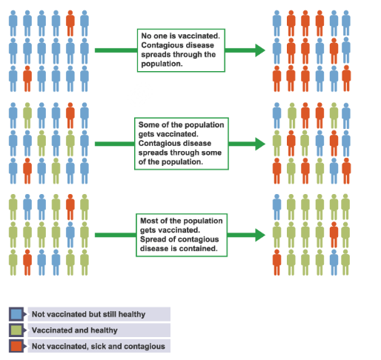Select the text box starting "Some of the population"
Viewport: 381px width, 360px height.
point(181,143)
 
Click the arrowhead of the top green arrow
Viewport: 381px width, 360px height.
point(260,50)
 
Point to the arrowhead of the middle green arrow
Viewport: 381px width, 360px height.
point(260,143)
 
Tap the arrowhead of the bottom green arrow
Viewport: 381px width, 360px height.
point(260,235)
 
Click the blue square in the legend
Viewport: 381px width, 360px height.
point(16,314)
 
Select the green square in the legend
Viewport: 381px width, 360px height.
point(16,330)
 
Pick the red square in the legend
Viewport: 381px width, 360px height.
point(16,346)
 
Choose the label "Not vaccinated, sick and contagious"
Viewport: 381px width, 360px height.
point(98,346)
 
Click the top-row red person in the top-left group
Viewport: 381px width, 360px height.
point(70,23)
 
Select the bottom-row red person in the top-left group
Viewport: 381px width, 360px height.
point(27,77)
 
